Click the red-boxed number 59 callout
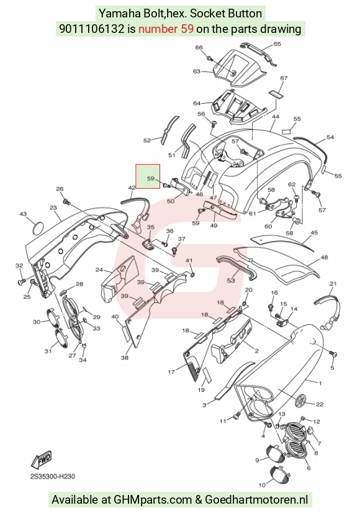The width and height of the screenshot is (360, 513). click(x=150, y=178)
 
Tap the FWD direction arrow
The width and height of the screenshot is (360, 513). click(x=42, y=460)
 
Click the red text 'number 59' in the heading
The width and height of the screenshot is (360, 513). click(x=166, y=29)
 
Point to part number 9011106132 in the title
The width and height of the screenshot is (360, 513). click(x=92, y=29)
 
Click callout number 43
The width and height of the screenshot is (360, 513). click(x=22, y=214)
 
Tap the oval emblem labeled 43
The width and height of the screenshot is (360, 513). click(x=39, y=227)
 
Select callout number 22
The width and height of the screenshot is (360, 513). click(x=320, y=404)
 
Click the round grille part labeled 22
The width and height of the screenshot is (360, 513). click(x=300, y=401)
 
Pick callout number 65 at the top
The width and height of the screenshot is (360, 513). click(x=277, y=44)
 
